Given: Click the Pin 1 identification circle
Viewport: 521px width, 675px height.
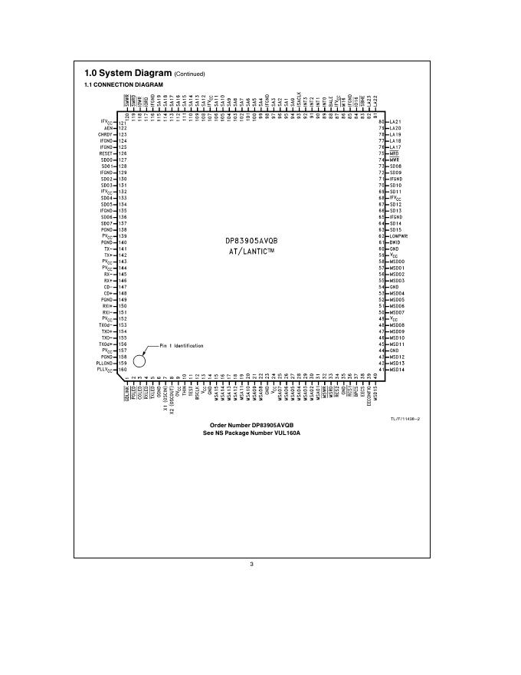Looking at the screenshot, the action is click(x=139, y=361).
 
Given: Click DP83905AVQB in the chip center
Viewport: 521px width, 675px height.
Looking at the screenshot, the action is click(x=249, y=240).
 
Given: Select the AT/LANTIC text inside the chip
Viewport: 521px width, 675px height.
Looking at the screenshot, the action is click(x=249, y=252).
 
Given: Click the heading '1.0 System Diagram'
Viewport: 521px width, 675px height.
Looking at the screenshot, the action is click(x=128, y=74).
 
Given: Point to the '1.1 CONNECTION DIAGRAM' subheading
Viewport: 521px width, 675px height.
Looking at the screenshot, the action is click(x=113, y=84).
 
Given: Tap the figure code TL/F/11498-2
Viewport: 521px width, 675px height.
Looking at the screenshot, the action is click(x=405, y=417).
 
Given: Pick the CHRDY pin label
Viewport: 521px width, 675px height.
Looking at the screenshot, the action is click(x=106, y=134).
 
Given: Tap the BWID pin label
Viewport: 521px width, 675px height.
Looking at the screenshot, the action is click(x=396, y=242).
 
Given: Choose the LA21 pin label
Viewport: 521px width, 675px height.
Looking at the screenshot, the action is click(x=395, y=122).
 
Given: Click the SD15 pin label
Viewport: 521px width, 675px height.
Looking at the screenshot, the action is click(x=395, y=230).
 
